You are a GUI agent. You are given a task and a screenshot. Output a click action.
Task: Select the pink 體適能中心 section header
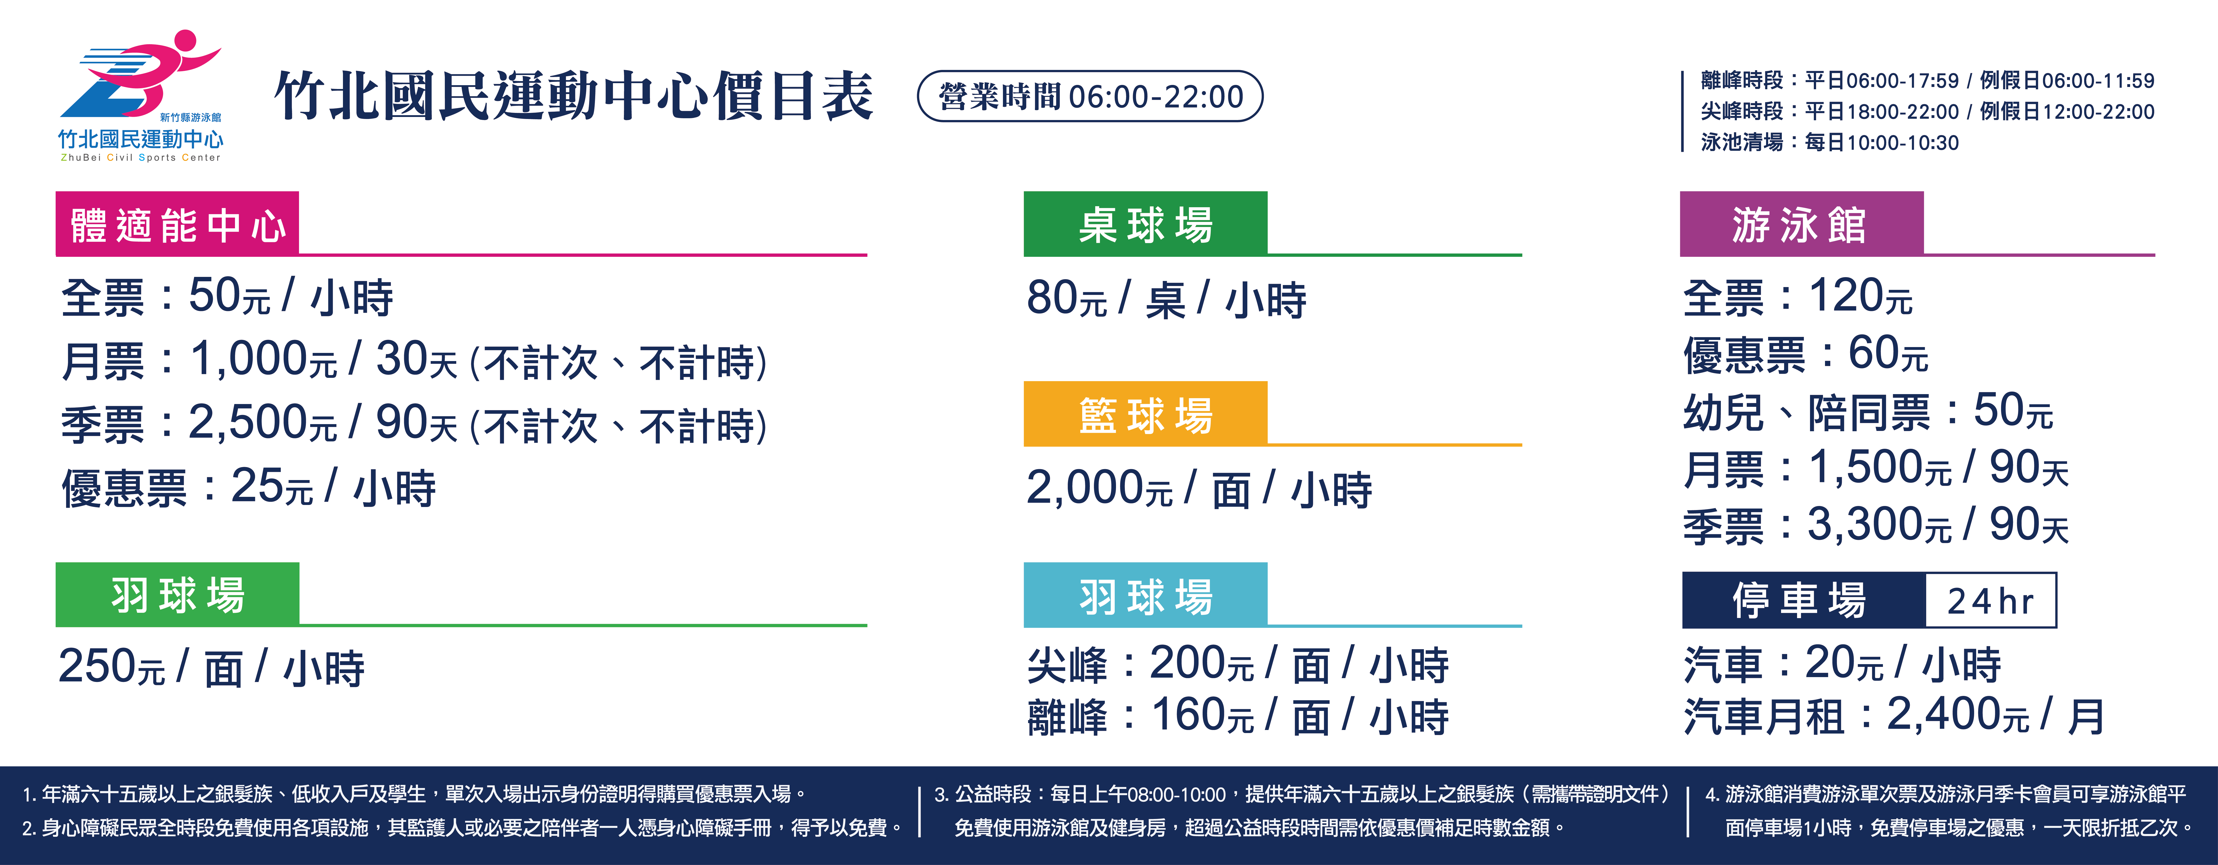click(x=177, y=224)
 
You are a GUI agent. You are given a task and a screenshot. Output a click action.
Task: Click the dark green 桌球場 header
click(x=1145, y=224)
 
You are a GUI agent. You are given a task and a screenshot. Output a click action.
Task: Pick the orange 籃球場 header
click(x=1145, y=413)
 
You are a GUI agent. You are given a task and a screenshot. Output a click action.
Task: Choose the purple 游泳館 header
click(x=1801, y=224)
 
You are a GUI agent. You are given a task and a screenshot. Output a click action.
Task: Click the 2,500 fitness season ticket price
click(x=248, y=422)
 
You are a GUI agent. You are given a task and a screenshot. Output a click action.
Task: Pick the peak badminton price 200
click(x=1188, y=663)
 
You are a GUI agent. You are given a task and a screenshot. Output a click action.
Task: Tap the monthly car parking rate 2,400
click(x=1944, y=713)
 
